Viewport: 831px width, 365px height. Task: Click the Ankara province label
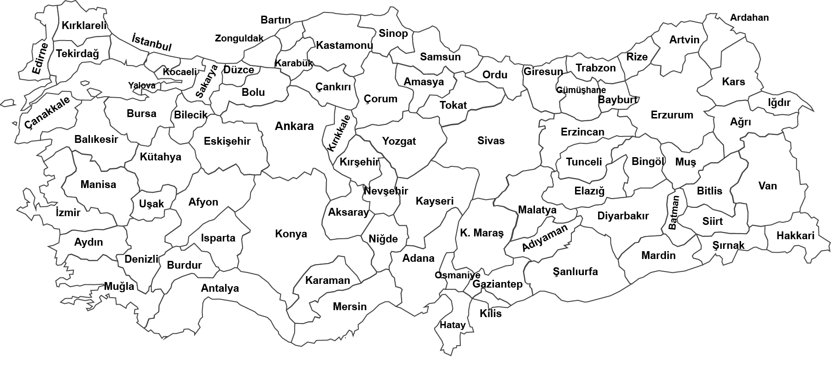[294, 126]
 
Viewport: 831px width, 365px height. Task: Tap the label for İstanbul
[151, 42]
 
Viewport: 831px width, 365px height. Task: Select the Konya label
[291, 234]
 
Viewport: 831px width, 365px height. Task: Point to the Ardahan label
[749, 18]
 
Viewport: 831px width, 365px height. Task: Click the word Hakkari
[795, 235]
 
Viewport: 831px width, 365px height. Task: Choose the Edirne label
[40, 59]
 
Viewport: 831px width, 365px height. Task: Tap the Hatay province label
[452, 325]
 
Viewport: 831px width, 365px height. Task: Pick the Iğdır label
[779, 102]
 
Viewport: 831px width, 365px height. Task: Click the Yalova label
[142, 85]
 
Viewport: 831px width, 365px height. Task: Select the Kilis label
[491, 313]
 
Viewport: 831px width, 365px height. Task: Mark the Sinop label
[393, 33]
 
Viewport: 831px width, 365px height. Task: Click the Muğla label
[119, 286]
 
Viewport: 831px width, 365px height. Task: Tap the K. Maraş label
[482, 233]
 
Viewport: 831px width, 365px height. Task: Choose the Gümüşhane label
[581, 90]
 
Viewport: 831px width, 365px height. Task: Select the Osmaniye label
[457, 275]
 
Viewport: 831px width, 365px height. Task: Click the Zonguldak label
[239, 38]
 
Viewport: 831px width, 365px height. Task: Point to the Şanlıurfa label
[575, 271]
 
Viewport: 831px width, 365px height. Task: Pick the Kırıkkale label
[341, 133]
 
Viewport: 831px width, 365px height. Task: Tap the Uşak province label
[151, 204]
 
